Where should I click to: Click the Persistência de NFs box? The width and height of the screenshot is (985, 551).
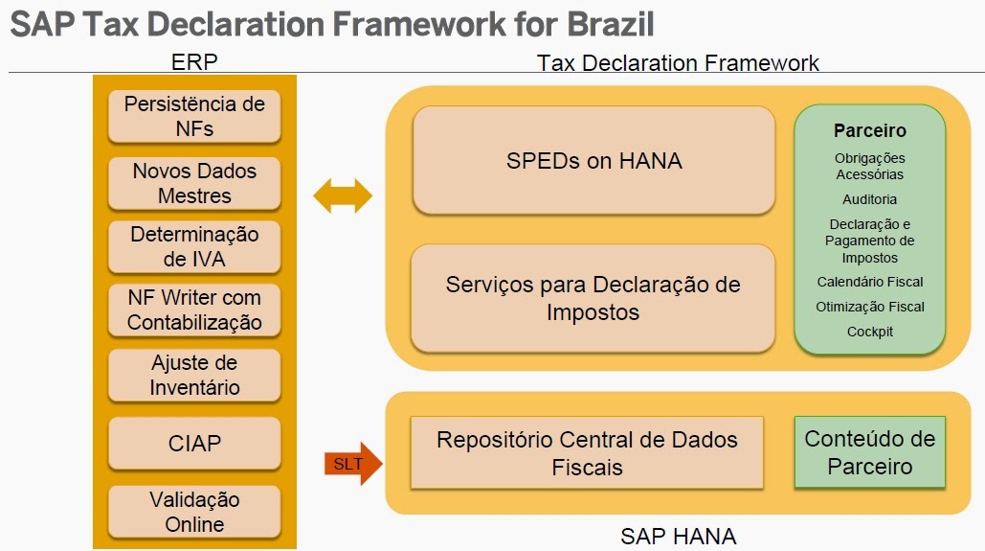(x=194, y=116)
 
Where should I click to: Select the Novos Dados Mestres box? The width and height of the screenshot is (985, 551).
(x=194, y=183)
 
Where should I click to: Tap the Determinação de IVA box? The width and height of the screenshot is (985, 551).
(x=194, y=246)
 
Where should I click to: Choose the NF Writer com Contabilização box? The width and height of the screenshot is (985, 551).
(x=194, y=310)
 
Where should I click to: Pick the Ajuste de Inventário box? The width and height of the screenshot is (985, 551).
(x=194, y=376)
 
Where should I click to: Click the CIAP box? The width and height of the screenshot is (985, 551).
(x=194, y=444)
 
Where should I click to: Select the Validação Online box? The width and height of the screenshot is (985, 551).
(x=194, y=512)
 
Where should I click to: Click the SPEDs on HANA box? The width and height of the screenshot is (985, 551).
(x=593, y=160)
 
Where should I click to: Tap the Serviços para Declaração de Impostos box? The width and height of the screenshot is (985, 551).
(x=593, y=298)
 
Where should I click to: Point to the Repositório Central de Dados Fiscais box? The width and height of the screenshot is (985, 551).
(x=587, y=452)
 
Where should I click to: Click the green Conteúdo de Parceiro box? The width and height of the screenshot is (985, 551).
(x=869, y=452)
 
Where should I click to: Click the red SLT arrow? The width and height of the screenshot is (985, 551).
(x=353, y=465)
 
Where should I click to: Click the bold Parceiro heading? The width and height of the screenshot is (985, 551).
(x=869, y=131)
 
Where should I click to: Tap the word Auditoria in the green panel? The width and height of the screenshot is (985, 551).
(x=869, y=199)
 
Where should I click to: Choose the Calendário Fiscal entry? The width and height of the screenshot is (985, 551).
(x=869, y=283)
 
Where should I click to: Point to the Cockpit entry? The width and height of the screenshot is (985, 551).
(x=869, y=332)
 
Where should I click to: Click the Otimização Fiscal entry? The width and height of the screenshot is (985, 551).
(x=869, y=308)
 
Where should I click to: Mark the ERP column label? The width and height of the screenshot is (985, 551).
(x=194, y=63)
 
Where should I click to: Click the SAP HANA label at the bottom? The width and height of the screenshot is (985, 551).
(x=678, y=536)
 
